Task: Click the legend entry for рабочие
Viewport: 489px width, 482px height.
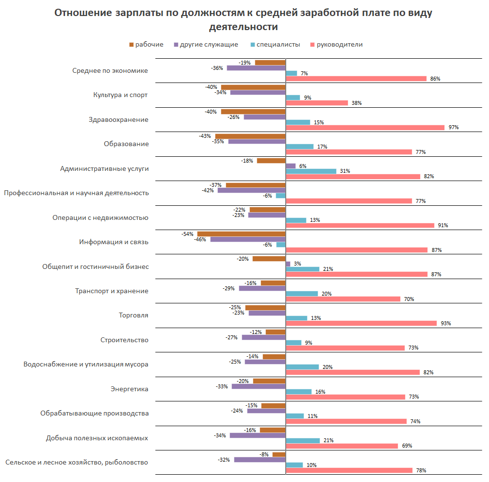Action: [x=146, y=45]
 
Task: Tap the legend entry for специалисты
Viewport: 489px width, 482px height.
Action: [x=275, y=45]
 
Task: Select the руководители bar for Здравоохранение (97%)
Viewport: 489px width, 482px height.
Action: [x=365, y=128]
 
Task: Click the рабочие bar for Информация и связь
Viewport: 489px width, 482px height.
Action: [x=241, y=234]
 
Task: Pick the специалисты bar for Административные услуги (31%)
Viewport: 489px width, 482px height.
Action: [x=311, y=171]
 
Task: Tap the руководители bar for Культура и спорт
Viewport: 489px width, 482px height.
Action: [x=317, y=103]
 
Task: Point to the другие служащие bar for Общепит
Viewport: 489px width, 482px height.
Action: [x=288, y=264]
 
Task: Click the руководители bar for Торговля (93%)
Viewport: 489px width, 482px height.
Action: [x=361, y=323]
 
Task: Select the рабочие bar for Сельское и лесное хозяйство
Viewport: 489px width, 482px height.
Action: [x=279, y=454]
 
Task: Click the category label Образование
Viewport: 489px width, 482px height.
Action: [x=126, y=144]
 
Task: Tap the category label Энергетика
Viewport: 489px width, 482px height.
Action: [x=130, y=389]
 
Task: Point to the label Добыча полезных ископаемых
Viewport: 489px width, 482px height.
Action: [x=97, y=438]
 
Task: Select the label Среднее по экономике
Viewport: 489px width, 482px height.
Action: [x=110, y=70]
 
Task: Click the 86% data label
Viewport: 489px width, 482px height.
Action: [x=435, y=79]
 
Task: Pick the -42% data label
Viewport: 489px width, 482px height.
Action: [x=208, y=190]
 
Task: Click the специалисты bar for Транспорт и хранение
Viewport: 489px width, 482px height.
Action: [x=302, y=294]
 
